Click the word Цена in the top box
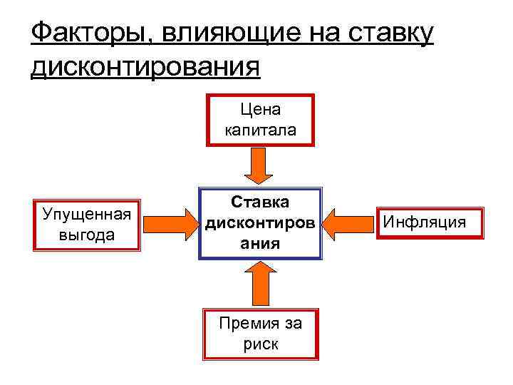(x=260, y=110)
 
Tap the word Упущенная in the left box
(x=87, y=214)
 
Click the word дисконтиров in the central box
(x=260, y=223)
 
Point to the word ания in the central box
(x=260, y=242)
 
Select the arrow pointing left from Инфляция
(x=351, y=224)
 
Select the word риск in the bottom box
(x=260, y=344)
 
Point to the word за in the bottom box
(x=291, y=324)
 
